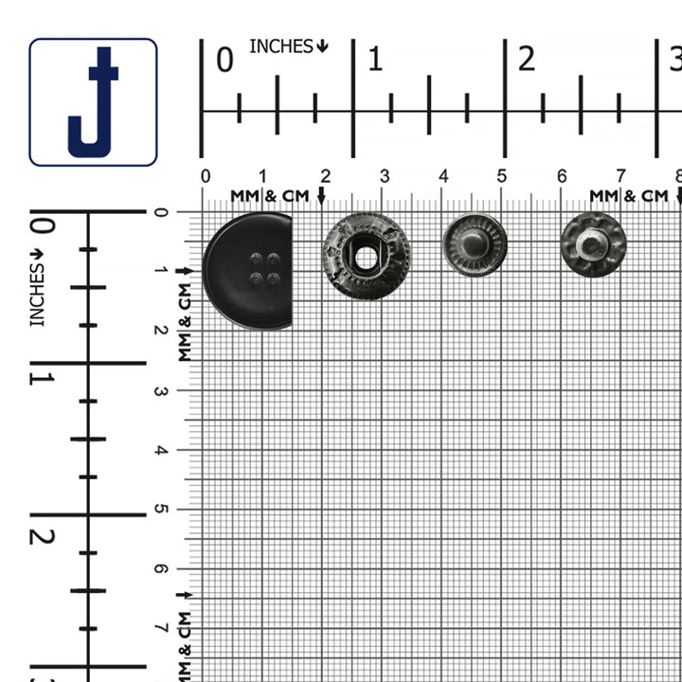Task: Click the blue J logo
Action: [93, 102]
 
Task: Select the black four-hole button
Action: [248, 271]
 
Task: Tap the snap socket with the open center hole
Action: [366, 255]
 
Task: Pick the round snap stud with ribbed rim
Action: [475, 245]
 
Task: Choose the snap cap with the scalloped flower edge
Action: [593, 245]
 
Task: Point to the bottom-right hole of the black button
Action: [273, 278]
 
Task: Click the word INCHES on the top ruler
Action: [281, 45]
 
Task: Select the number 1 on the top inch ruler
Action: [375, 61]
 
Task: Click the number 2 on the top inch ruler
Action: [527, 60]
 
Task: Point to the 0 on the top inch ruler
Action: [224, 61]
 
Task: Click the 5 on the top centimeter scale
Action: [502, 176]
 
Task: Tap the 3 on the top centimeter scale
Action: [384, 176]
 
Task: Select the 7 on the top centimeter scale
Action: [620, 176]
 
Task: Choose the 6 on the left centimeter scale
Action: [159, 568]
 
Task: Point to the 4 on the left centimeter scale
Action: [159, 450]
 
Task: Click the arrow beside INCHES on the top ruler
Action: [323, 45]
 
